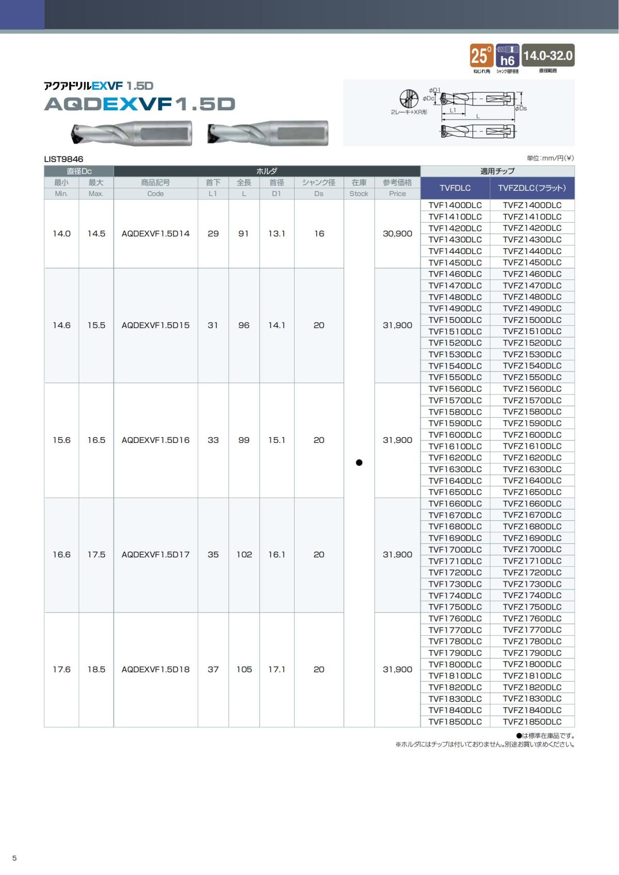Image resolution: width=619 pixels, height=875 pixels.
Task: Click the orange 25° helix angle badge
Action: [481, 55]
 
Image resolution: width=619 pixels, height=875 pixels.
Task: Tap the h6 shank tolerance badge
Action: [507, 56]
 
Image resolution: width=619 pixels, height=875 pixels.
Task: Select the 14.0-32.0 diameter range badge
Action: [548, 55]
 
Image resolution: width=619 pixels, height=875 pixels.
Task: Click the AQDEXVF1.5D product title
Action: [140, 104]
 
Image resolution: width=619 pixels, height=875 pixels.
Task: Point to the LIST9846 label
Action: [63, 159]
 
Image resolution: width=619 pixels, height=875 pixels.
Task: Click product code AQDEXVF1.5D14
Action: [155, 234]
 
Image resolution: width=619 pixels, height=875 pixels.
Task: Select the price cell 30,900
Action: [397, 234]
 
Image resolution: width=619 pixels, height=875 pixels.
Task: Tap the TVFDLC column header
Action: [454, 188]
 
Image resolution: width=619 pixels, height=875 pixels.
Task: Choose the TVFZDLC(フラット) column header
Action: [532, 188]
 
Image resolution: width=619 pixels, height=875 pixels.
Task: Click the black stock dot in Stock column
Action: [359, 463]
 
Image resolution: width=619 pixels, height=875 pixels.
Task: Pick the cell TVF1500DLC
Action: [454, 320]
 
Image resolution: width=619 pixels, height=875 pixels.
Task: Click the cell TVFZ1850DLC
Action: [532, 721]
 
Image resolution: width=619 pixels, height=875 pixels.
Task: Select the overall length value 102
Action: [244, 555]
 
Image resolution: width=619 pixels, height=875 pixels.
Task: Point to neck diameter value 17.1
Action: [276, 669]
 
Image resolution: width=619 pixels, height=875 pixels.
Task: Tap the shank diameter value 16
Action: [319, 234]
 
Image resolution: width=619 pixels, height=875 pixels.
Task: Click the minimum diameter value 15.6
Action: [61, 440]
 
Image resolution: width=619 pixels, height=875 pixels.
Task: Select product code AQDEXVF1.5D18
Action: [155, 669]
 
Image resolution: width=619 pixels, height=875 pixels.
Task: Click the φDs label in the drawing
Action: [520, 108]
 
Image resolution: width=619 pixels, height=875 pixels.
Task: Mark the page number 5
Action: [14, 858]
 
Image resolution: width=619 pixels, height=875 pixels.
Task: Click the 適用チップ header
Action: [497, 171]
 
